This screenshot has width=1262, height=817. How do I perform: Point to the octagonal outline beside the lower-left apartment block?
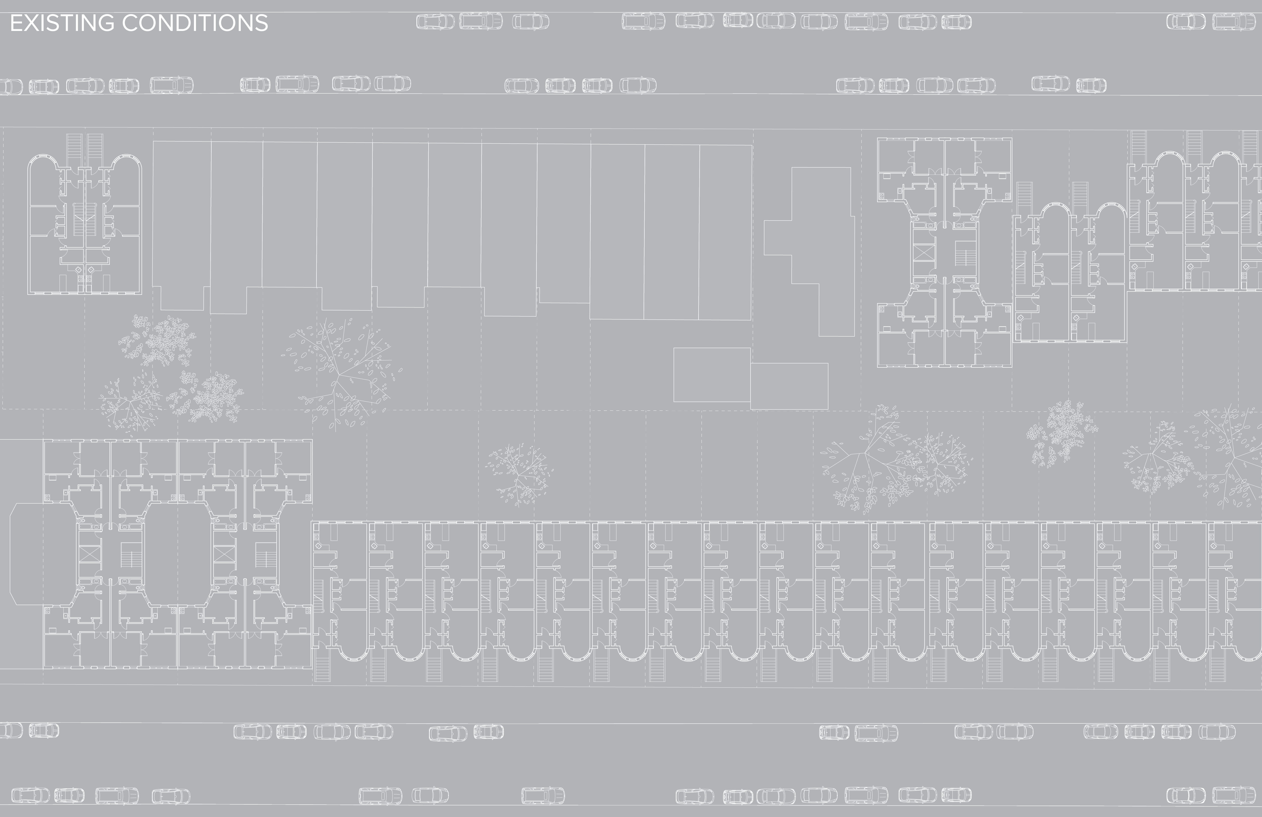(x=26, y=553)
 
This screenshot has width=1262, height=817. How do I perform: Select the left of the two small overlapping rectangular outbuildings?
(x=712, y=375)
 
